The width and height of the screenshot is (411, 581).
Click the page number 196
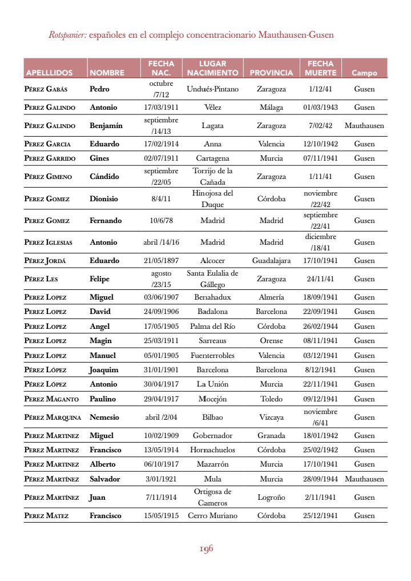click(206, 549)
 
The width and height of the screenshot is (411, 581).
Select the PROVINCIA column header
click(271, 73)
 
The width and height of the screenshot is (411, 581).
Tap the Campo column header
click(364, 73)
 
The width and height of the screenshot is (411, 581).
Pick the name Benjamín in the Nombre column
click(106, 126)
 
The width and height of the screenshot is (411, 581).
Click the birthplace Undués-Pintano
click(212, 89)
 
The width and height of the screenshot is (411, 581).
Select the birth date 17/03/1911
click(161, 108)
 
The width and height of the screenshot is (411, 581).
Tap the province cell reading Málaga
click(271, 108)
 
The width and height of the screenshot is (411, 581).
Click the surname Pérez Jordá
click(44, 261)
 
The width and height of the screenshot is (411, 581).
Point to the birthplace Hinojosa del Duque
click(212, 199)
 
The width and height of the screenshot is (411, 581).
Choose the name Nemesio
click(104, 417)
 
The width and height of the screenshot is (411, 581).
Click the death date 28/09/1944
click(320, 479)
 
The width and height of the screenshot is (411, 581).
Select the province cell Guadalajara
click(271, 261)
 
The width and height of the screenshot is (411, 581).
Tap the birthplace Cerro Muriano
click(212, 516)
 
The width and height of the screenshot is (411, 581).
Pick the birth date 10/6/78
click(161, 221)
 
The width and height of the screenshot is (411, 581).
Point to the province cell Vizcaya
click(271, 417)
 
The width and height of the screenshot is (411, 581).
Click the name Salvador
click(105, 479)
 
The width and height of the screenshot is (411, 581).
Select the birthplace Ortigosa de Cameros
click(212, 498)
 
